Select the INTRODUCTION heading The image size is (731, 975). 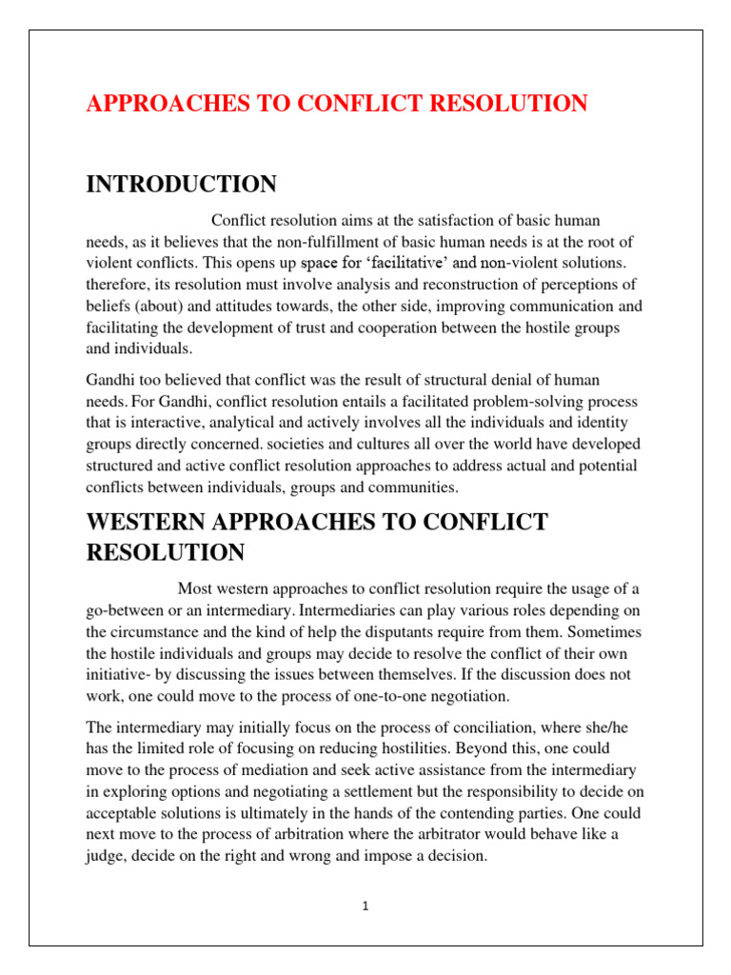(x=182, y=184)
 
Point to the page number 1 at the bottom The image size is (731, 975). (x=365, y=906)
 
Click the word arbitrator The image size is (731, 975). (x=437, y=834)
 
